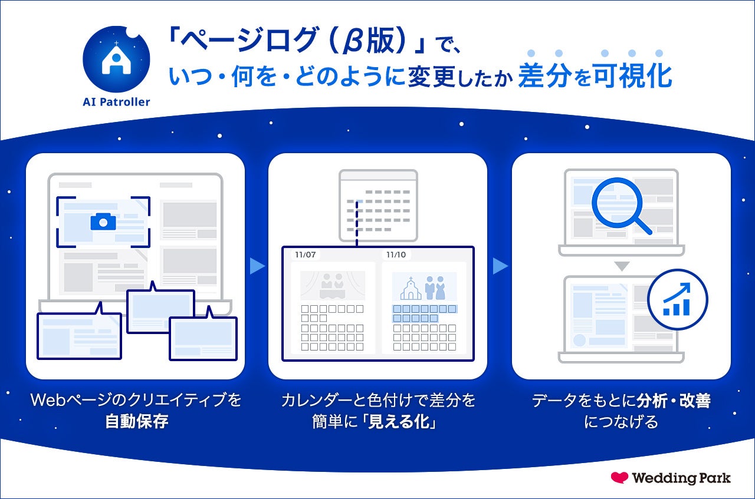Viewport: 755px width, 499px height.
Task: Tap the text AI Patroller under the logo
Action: (x=116, y=102)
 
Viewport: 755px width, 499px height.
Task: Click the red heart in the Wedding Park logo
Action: (x=619, y=477)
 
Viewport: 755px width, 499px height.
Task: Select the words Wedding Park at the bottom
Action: (x=681, y=478)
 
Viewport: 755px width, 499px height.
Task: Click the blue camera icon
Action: (x=103, y=222)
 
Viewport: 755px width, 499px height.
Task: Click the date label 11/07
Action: (x=305, y=255)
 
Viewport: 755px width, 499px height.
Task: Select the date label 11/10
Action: (x=396, y=255)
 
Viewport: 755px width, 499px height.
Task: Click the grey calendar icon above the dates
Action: (x=378, y=205)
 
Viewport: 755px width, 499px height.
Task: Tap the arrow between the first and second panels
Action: (x=257, y=266)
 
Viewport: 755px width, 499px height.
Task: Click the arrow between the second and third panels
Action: (x=500, y=266)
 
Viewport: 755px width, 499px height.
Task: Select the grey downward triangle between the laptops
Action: (x=621, y=267)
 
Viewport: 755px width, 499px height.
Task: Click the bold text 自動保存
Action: (x=137, y=422)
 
